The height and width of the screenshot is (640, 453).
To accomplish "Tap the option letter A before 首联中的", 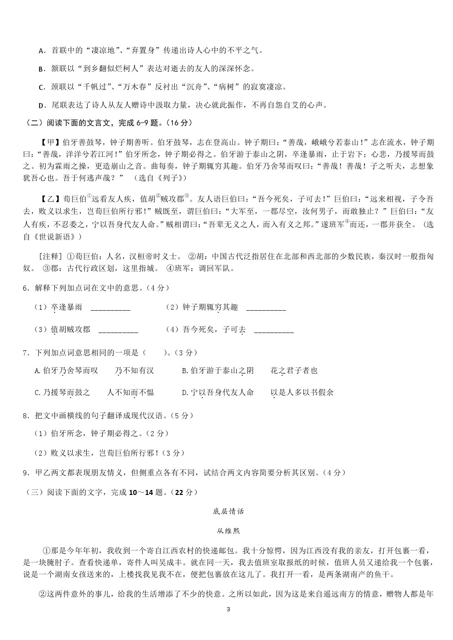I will [41, 51].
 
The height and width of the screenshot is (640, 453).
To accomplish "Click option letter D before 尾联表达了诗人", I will [41, 105].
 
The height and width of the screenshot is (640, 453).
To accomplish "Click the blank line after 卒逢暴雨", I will [110, 308].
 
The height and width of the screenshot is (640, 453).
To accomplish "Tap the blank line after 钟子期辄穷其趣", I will [266, 308].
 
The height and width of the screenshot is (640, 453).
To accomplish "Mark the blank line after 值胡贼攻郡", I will [118, 331].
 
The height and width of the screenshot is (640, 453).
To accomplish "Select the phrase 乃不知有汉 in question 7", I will [135, 370].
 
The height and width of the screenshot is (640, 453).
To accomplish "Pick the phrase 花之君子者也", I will [294, 370].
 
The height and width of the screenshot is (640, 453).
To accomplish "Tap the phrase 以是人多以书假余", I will [302, 392].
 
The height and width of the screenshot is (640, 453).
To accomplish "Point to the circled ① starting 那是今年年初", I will [46, 551].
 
